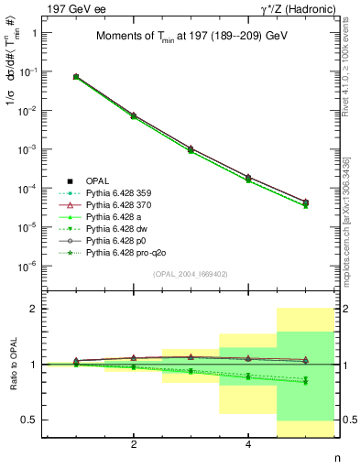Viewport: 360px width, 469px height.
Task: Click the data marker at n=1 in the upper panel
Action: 76,77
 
